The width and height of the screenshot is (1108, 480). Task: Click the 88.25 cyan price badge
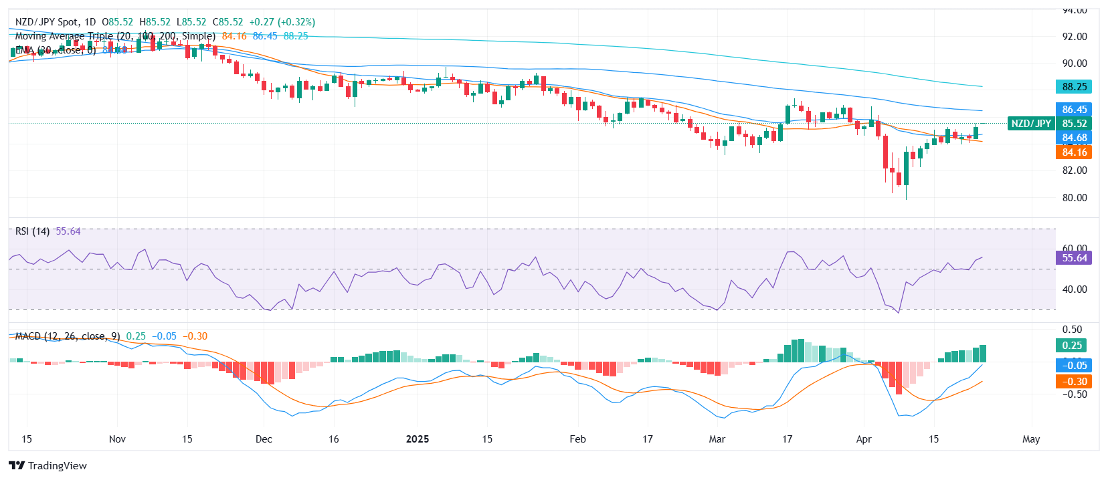1074,87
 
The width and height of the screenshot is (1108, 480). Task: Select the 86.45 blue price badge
1074,109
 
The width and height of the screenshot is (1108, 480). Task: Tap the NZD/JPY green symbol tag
1030,124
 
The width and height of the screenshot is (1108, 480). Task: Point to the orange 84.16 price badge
1074,152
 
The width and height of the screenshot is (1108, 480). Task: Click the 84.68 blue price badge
1074,138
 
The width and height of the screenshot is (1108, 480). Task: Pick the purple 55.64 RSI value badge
1074,258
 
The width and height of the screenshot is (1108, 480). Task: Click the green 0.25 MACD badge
1071,346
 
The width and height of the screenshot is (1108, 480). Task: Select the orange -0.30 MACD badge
1074,382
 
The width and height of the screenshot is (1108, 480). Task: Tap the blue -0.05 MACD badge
1074,366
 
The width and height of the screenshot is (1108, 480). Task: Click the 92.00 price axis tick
1075,37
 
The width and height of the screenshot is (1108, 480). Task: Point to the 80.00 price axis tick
1075,198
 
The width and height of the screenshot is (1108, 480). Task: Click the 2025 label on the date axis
418,439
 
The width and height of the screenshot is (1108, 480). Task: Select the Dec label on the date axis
264,439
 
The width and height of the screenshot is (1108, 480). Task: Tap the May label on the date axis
1031,439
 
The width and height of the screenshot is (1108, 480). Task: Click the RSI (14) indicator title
32,231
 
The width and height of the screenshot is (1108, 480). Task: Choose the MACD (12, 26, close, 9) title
67,336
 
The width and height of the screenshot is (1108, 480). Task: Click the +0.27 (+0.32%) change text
282,22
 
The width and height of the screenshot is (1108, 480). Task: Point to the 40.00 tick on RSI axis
1075,289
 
